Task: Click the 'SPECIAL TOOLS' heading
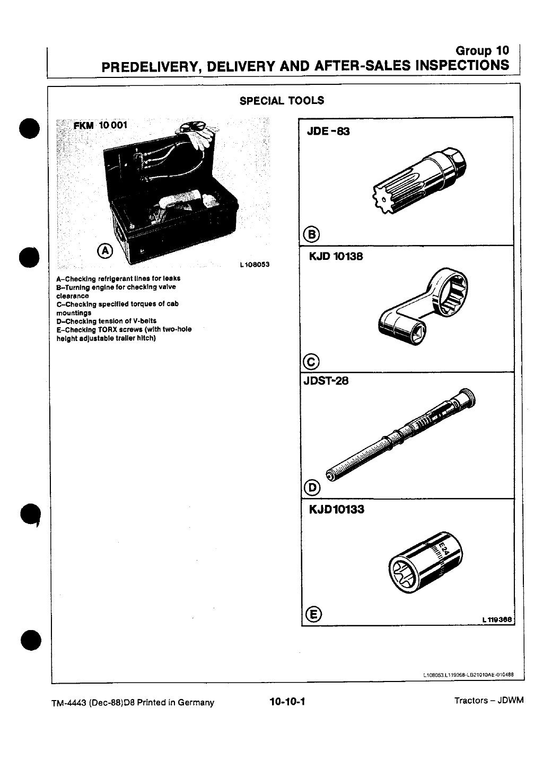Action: point(282,101)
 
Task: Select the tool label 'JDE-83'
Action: point(328,131)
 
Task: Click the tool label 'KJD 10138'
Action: point(336,257)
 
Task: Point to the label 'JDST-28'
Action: point(325,381)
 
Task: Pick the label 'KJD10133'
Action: point(336,510)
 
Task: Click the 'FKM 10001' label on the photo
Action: point(100,126)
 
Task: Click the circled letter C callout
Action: point(311,363)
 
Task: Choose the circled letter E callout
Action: point(313,615)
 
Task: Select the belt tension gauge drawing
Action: point(401,434)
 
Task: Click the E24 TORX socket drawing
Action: point(425,564)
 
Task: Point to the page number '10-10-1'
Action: point(288,702)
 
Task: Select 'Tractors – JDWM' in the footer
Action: point(488,701)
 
